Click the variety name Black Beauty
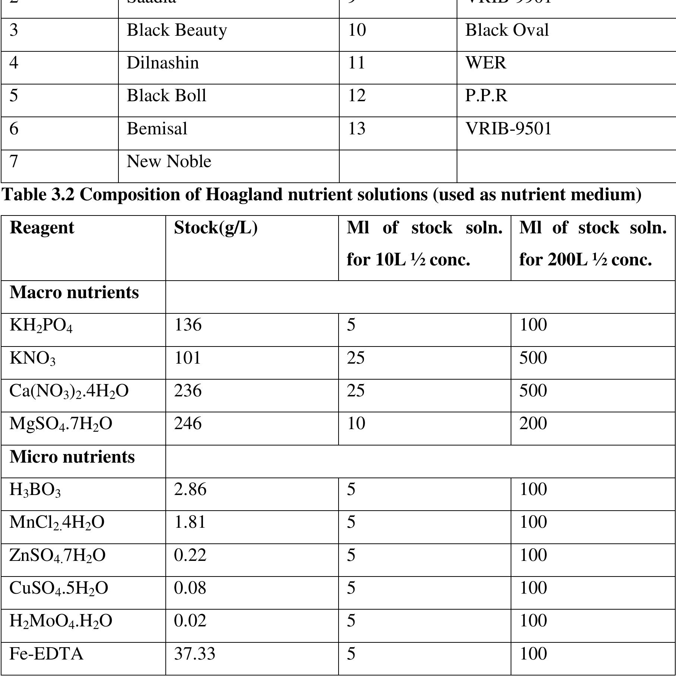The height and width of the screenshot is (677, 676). tap(177, 30)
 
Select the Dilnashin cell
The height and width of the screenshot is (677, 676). tap(163, 63)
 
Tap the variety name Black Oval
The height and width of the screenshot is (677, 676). tap(507, 30)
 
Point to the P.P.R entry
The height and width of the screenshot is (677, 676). tap(486, 96)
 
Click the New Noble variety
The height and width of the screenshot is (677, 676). tap(169, 162)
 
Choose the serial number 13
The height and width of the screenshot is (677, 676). tap(356, 129)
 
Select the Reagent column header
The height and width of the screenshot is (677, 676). tap(42, 227)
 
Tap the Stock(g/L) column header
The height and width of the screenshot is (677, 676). tap(216, 227)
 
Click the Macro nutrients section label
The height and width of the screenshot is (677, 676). tap(74, 293)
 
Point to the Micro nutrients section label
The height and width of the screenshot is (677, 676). tap(72, 457)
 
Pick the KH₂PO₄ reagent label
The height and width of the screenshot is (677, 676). tap(41, 325)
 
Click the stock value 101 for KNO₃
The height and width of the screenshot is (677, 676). tap(187, 358)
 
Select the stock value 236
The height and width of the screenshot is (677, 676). tap(188, 391)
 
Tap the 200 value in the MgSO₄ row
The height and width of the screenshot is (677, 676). tap(533, 424)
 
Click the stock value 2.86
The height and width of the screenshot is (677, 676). tap(190, 489)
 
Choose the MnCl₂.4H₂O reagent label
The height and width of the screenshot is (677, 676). tap(57, 522)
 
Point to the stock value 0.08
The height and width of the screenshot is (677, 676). tap(190, 588)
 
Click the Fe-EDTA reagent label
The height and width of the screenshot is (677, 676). tap(46, 654)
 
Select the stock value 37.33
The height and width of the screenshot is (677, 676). tap(194, 654)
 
